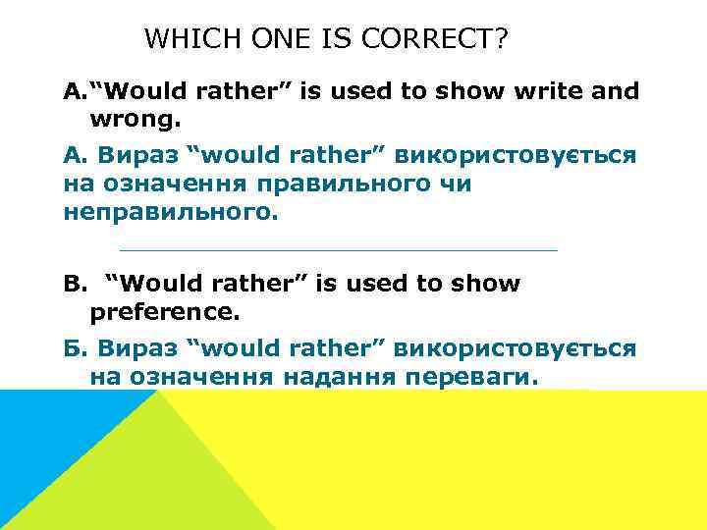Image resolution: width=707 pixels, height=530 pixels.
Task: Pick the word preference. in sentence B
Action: click(164, 312)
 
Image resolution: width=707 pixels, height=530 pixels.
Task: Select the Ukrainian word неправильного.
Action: click(164, 213)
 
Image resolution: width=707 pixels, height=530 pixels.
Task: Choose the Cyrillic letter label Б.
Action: click(76, 348)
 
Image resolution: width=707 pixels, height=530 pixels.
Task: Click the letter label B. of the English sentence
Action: click(75, 284)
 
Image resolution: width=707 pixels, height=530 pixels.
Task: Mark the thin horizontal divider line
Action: click(337, 249)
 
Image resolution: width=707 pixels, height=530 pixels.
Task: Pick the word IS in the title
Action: click(337, 39)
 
